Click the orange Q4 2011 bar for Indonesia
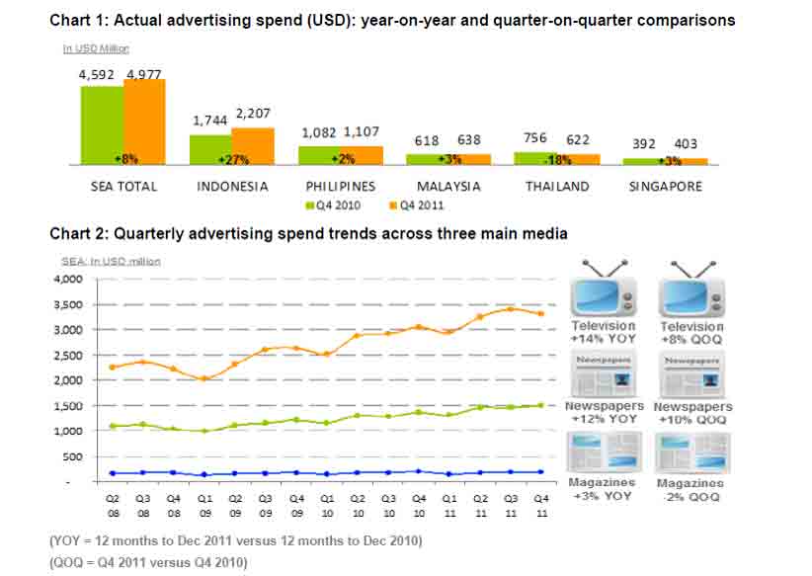(x=253, y=145)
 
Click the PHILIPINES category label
(x=340, y=186)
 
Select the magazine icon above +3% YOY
(x=603, y=452)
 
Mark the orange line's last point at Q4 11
(x=540, y=314)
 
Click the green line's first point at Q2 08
(x=113, y=426)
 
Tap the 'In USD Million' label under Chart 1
(x=96, y=47)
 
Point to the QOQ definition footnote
(x=148, y=562)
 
